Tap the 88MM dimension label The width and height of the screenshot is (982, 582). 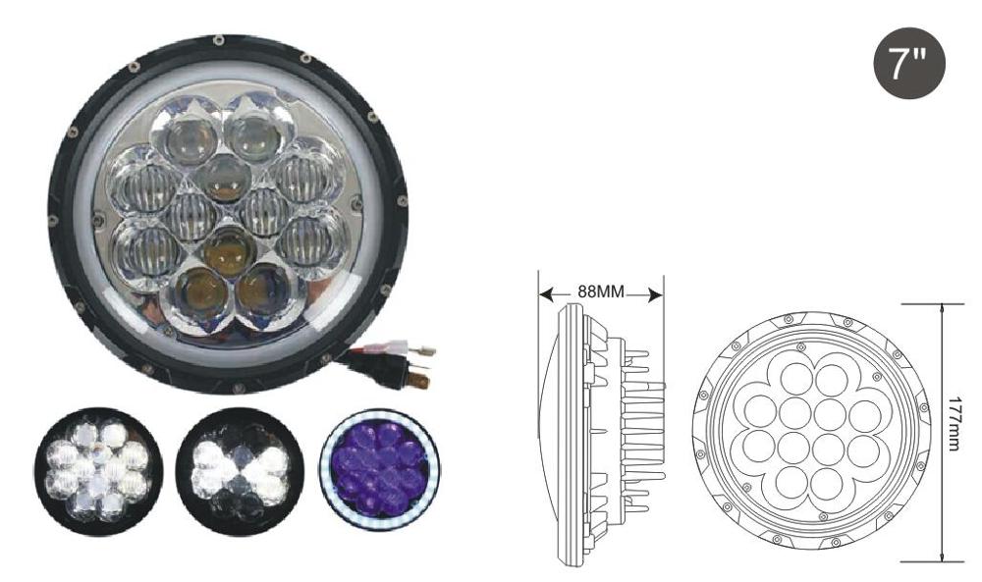click(601, 291)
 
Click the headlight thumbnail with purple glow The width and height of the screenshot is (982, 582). click(379, 470)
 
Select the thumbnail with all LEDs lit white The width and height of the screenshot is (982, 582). click(98, 472)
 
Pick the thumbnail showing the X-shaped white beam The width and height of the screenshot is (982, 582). click(241, 471)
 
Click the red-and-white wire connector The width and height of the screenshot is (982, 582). click(401, 346)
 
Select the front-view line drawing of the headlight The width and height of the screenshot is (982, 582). click(812, 429)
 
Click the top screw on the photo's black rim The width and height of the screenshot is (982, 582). click(218, 40)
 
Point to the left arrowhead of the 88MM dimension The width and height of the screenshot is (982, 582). click(546, 292)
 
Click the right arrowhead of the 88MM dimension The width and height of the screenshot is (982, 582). click(656, 293)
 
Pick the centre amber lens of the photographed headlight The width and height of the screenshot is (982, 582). click(229, 250)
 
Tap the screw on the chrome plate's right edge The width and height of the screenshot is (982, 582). click(356, 203)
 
